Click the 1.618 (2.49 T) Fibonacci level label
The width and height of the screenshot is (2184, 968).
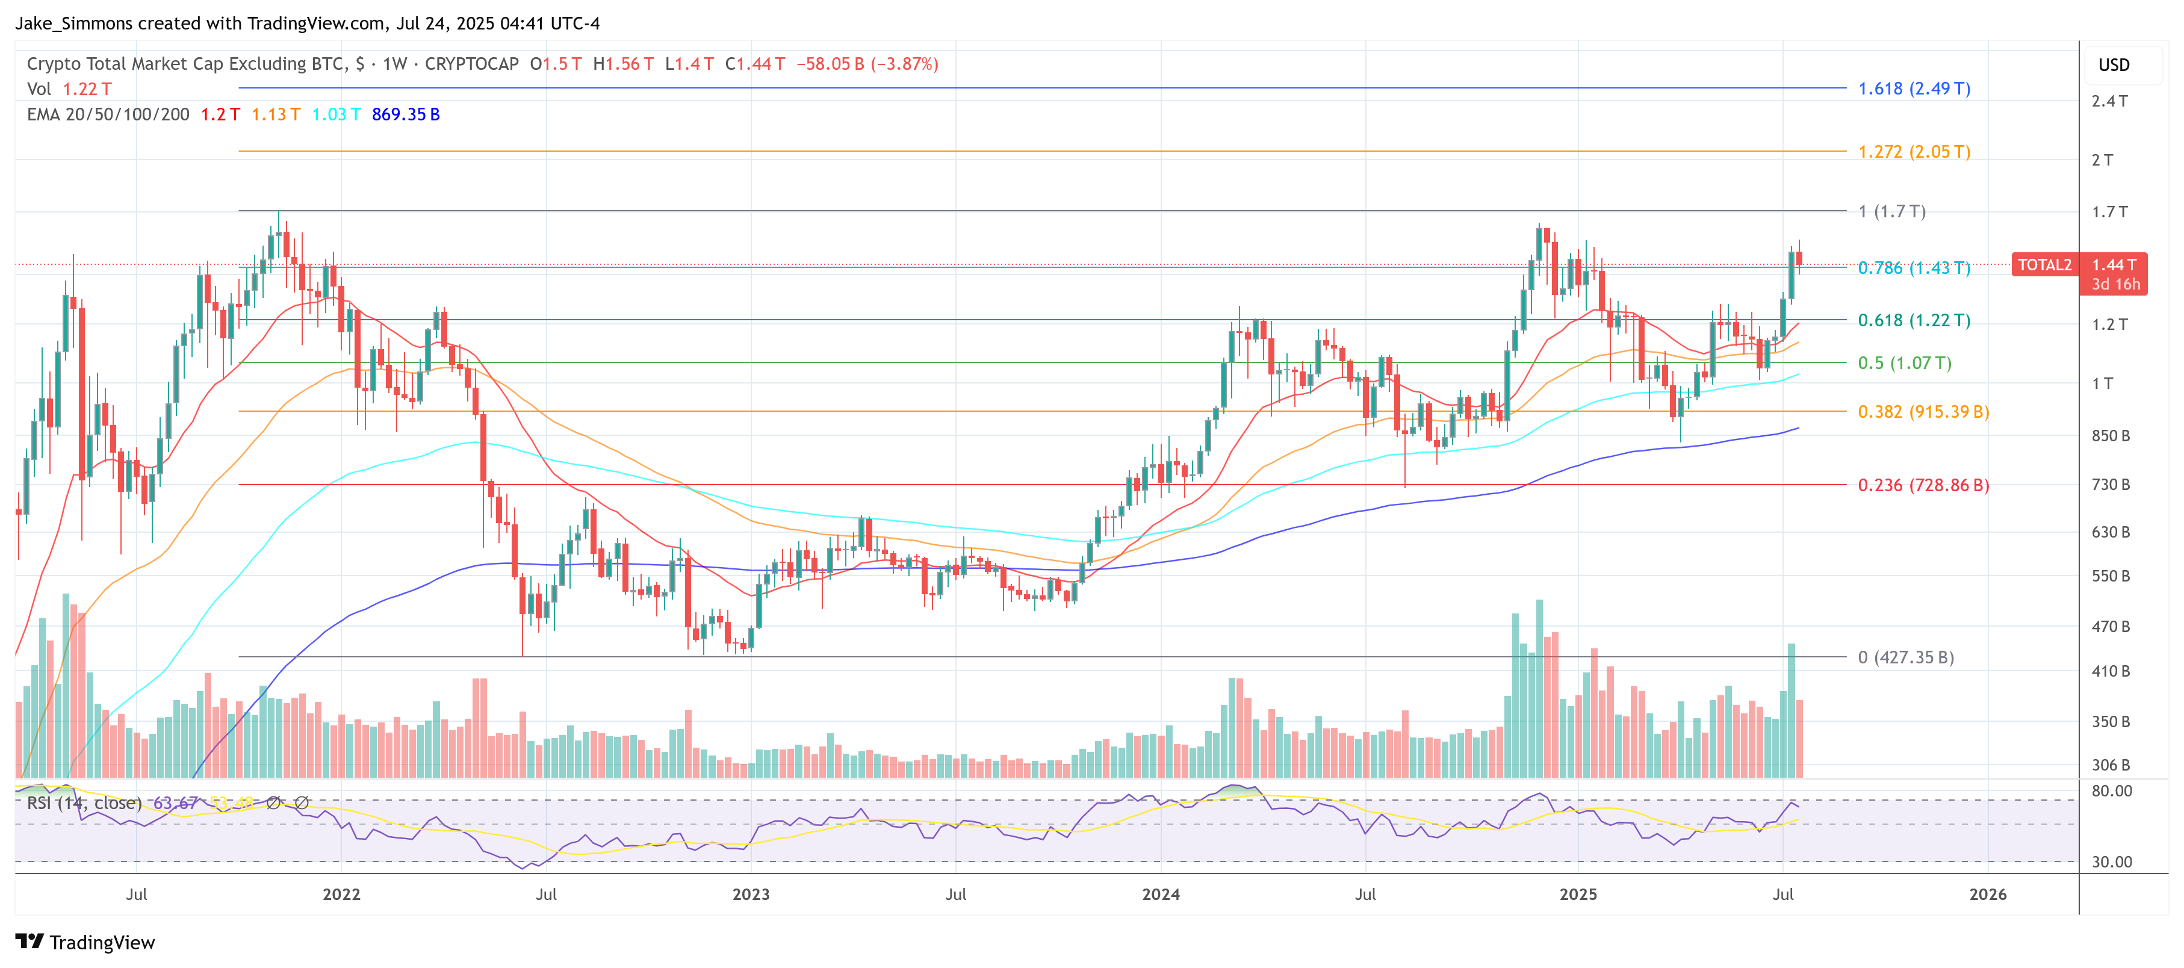pyautogui.click(x=1914, y=88)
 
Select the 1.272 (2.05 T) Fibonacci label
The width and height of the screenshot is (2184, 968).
pyautogui.click(x=1914, y=152)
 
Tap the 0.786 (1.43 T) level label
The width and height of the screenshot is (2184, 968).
pyautogui.click(x=1914, y=268)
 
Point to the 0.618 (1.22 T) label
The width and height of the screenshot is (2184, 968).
pyautogui.click(x=1914, y=320)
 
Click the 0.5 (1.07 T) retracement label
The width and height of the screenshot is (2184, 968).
pyautogui.click(x=1904, y=363)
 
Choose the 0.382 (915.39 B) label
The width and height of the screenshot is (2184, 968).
pyautogui.click(x=1923, y=412)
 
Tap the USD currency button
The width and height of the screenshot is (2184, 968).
pyautogui.click(x=2113, y=65)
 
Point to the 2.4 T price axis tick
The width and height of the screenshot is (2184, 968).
pyautogui.click(x=2109, y=101)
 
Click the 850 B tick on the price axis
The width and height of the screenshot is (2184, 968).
pyautogui.click(x=2109, y=436)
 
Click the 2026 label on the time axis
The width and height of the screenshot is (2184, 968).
pyautogui.click(x=1987, y=894)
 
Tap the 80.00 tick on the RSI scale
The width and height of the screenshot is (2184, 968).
pyautogui.click(x=2111, y=791)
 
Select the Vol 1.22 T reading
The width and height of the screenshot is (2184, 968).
pyautogui.click(x=69, y=89)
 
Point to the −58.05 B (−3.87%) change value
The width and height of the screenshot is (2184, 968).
pyautogui.click(x=866, y=64)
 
